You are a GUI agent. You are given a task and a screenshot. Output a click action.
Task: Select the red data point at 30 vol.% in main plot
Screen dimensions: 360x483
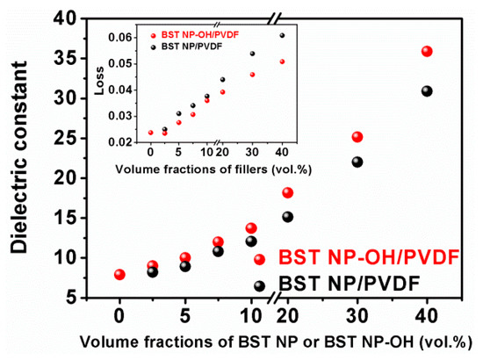357,137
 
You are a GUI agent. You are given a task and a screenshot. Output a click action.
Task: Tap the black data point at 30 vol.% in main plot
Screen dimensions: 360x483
357,162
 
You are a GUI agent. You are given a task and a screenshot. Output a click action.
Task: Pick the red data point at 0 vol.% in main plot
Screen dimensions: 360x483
119,275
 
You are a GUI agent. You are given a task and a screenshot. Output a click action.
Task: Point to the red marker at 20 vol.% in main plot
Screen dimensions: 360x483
287,192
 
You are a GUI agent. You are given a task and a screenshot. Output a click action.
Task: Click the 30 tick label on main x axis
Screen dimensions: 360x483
357,316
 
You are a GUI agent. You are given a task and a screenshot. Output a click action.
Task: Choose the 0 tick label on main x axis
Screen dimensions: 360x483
119,316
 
